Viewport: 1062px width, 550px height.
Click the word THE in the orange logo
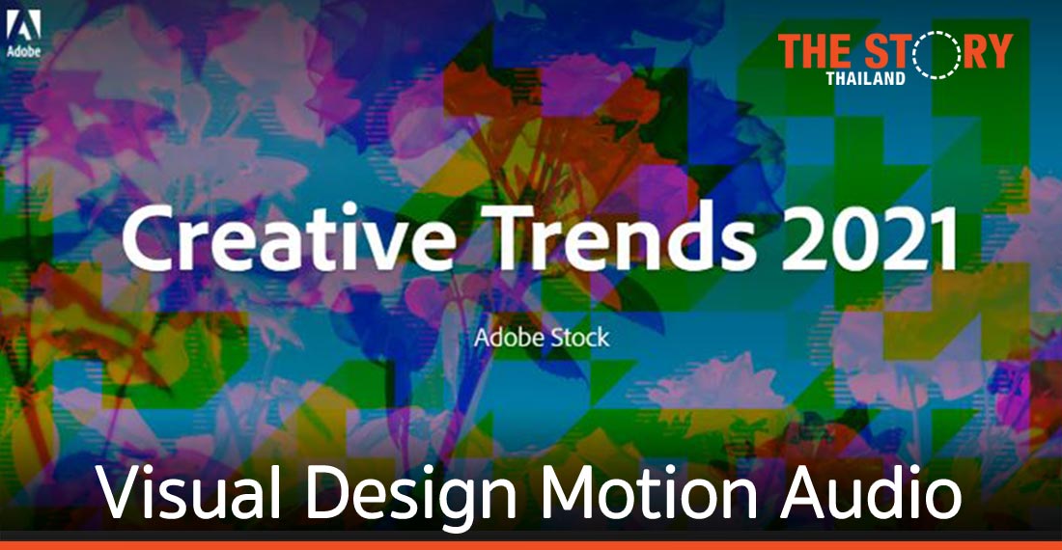[817, 51]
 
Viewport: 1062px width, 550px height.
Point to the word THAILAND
[865, 78]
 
